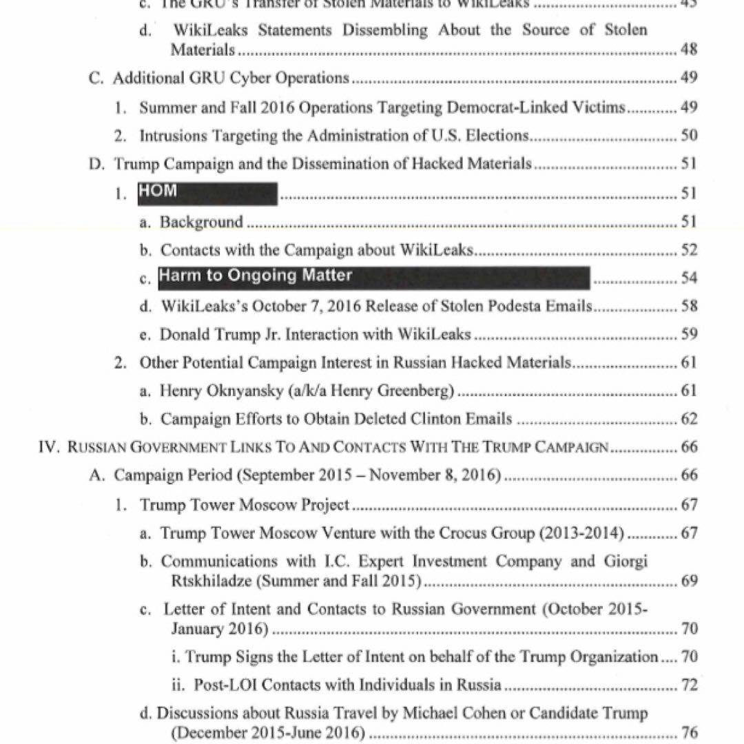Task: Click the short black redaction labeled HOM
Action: (x=207, y=193)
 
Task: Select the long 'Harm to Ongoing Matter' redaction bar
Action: (x=374, y=277)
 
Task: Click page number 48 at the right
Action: (x=688, y=50)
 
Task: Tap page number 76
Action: (x=688, y=732)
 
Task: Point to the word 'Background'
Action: (x=201, y=222)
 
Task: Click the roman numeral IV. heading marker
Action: (x=49, y=447)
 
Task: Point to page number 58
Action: (x=688, y=306)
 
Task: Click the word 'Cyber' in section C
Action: (x=249, y=78)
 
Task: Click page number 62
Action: (x=688, y=419)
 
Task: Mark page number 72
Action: (x=688, y=685)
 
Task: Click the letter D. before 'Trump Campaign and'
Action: (x=96, y=164)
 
